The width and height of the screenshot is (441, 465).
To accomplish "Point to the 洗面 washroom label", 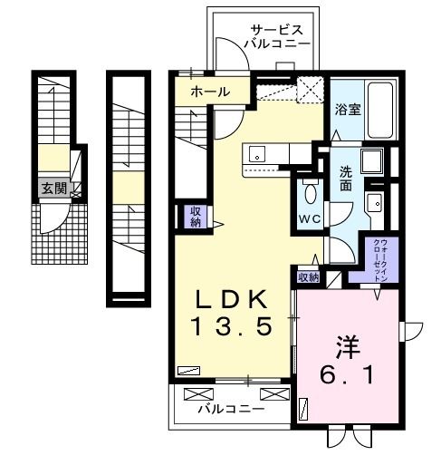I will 346,179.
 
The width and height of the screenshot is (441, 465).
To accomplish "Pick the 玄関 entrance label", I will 52,189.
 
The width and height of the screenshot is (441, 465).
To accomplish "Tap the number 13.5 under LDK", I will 231,326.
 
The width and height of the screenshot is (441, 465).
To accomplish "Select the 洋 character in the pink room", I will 348,344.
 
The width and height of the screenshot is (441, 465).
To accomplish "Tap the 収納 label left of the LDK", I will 195,217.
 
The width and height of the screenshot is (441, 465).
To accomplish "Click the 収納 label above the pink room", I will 308,277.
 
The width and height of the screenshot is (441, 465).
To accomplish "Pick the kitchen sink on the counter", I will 256,151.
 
